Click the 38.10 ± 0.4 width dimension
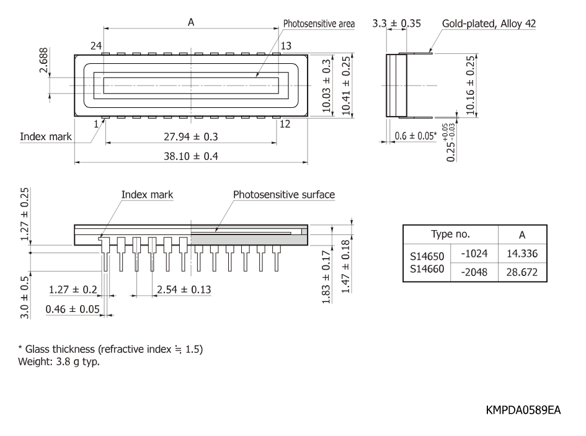coord(191,156)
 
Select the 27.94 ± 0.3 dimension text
coord(191,136)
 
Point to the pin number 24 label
coord(96,46)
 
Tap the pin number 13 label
coord(286,46)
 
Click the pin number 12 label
coord(285,124)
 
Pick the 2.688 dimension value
coord(44,60)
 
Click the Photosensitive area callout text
coord(319,24)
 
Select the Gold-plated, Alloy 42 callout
coord(489,24)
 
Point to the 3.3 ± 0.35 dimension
coord(396,23)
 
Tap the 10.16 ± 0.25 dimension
coord(470,85)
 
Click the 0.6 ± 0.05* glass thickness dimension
coord(415,135)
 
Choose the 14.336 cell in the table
coord(522,254)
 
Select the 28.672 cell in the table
coord(522,272)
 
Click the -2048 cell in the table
coord(474,272)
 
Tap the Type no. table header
coord(450,234)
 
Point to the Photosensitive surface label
coord(284,195)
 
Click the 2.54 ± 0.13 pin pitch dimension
coord(184,290)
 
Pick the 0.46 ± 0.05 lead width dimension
coord(73,309)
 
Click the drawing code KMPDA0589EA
coord(523,410)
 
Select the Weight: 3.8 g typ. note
coord(59,362)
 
